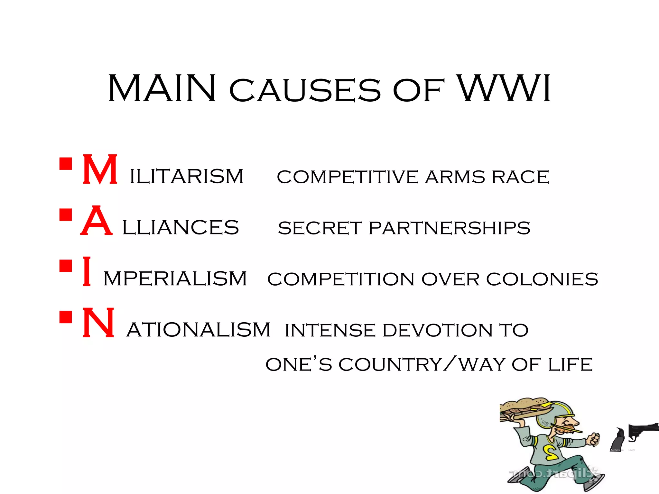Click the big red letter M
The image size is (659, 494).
click(100, 169)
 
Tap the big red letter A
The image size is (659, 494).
click(97, 221)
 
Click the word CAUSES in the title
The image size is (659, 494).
click(305, 91)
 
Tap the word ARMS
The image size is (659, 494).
click(455, 177)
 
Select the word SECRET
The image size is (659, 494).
click(320, 228)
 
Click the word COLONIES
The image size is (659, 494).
click(542, 279)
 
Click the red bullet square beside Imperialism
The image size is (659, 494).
click(66, 266)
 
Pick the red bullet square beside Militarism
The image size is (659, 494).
click(66, 164)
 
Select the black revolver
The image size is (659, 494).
click(642, 431)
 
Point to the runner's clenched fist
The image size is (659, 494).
click(593, 439)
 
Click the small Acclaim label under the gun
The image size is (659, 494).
click(615, 450)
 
